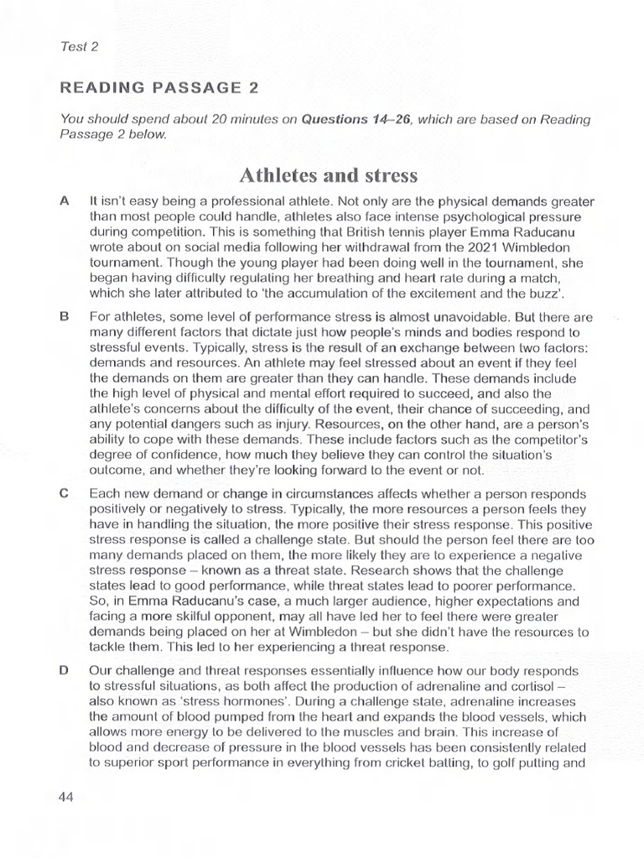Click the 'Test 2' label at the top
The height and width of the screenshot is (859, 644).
click(80, 47)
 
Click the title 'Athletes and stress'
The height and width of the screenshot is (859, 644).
click(328, 174)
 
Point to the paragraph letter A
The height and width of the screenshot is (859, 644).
click(64, 202)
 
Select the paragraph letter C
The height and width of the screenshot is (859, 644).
click(64, 493)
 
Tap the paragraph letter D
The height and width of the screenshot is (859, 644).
click(64, 670)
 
